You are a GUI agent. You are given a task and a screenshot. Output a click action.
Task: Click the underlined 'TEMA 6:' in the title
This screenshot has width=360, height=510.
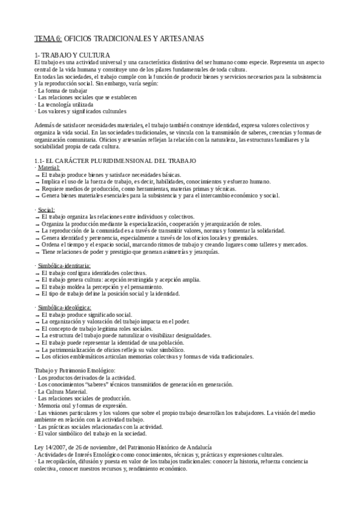click(47, 38)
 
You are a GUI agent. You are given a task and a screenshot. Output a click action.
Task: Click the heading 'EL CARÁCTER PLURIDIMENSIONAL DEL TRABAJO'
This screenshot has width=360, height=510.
click(121, 161)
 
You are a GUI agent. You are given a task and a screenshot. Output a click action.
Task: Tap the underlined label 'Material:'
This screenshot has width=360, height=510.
click(49, 167)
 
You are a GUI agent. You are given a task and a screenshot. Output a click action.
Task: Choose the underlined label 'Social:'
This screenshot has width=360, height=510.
click(46, 209)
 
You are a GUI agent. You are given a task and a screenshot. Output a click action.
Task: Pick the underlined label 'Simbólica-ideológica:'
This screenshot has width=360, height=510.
click(66, 307)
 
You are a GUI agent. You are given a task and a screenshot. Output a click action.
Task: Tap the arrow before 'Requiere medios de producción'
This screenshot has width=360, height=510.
click(37, 189)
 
